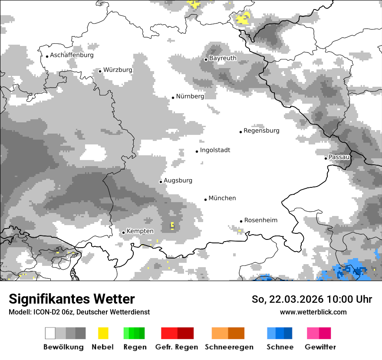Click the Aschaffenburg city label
pos(72,56)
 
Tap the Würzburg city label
pos(118,70)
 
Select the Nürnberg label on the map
pos(190,97)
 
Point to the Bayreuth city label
pos(223,58)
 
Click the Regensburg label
pos(261,131)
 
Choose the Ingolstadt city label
pos(215,151)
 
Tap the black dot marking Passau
pos(326,158)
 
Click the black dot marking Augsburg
pos(161,182)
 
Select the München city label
pos(222,198)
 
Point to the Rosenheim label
pos(260,220)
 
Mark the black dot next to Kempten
pos(123,232)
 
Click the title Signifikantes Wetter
pos(72,299)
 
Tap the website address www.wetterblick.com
pos(313,312)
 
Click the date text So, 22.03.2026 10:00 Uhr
pos(311,299)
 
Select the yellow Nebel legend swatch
pos(103,333)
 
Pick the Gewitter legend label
pos(320,347)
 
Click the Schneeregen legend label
pos(229,347)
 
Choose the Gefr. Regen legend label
pos(177,347)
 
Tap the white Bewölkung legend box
pos(50,333)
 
